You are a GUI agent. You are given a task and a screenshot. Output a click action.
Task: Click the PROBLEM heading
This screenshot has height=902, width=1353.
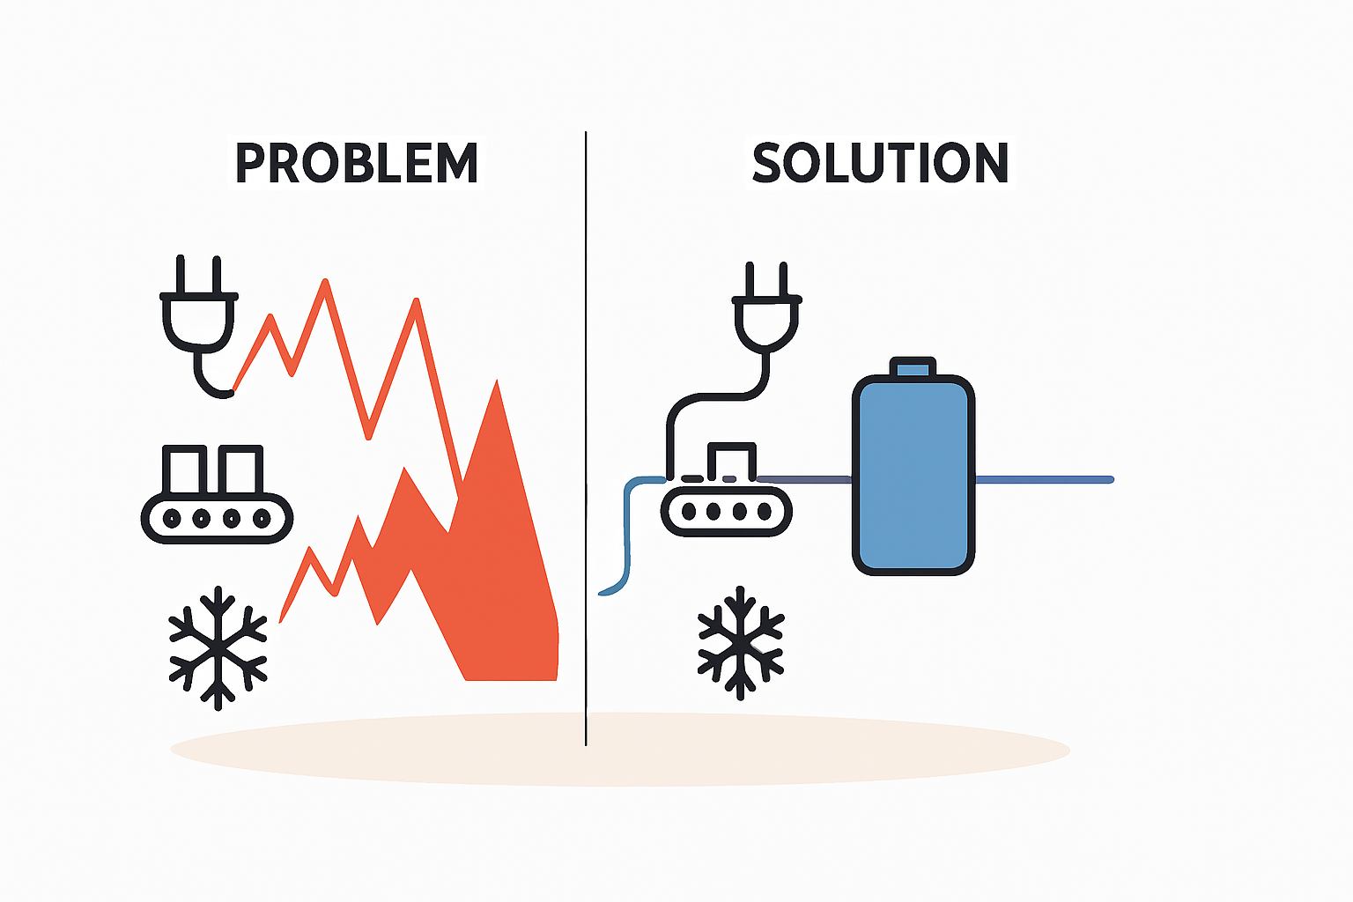pos(357,162)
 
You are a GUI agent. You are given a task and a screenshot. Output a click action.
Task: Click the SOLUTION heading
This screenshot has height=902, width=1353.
pos(881,162)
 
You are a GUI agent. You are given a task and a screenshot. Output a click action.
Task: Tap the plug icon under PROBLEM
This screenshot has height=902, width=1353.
pos(199,326)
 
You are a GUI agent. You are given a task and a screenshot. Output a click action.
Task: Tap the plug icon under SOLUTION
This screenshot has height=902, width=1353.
pos(765,308)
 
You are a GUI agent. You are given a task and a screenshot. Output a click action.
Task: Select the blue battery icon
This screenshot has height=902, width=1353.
pos(913,466)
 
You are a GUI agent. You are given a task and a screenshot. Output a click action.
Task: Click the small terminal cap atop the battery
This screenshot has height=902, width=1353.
pos(913,366)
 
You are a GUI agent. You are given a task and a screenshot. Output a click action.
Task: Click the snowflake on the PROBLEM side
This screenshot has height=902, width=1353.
pos(218,647)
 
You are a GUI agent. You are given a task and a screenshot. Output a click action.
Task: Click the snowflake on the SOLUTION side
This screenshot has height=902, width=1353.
pos(741,643)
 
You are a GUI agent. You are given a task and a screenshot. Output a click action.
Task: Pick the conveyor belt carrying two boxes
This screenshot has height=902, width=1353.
pos(217,518)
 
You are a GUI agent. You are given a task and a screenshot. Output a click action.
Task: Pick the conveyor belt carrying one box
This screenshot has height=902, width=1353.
pos(726,511)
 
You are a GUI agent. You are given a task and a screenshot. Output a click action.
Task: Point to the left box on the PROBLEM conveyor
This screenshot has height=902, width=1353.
pos(184,469)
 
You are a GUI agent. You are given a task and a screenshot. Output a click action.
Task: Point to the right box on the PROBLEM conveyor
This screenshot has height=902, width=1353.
pos(240,469)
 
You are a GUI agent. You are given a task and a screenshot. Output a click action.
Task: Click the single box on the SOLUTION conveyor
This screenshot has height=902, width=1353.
pos(731,462)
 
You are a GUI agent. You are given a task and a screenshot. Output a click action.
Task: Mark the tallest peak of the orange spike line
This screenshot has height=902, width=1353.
pos(326,280)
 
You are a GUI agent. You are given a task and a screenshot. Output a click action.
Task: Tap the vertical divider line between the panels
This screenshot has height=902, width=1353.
pos(586,438)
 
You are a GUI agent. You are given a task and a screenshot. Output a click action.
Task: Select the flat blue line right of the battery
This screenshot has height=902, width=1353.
pos(1045,480)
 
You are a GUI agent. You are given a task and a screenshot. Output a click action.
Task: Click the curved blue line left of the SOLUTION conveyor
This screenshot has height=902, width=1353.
pos(628,532)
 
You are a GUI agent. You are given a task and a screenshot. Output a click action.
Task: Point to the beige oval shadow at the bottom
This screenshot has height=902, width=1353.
pos(620,750)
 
